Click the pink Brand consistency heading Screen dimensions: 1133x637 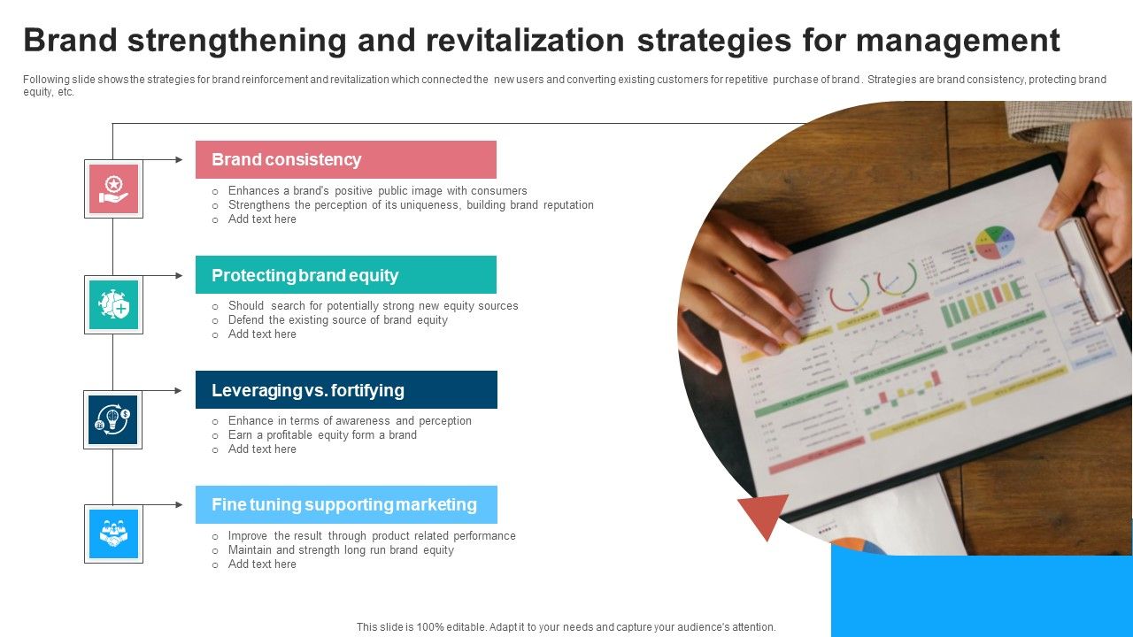(x=346, y=160)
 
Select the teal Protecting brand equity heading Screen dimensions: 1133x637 (x=346, y=275)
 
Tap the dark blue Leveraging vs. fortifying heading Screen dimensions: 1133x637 (x=346, y=390)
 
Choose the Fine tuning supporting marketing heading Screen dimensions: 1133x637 (x=346, y=504)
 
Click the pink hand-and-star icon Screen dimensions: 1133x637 (x=114, y=189)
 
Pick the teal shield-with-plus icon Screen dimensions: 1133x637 (x=114, y=305)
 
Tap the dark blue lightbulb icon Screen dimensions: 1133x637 (x=112, y=420)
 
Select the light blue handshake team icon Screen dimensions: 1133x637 (x=114, y=533)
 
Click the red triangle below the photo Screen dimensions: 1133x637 (x=764, y=513)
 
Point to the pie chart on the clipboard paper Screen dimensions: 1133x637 (x=995, y=243)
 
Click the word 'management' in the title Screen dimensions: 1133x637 (x=958, y=42)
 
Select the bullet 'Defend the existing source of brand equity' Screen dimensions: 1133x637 (x=338, y=320)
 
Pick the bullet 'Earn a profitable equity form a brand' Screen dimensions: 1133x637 (x=322, y=435)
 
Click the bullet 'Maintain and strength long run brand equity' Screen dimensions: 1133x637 (x=341, y=550)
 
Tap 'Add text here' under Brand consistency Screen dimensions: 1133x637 (x=262, y=219)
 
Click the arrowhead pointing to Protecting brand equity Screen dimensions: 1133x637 (x=179, y=275)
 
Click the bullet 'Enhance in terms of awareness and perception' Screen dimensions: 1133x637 (x=350, y=421)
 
